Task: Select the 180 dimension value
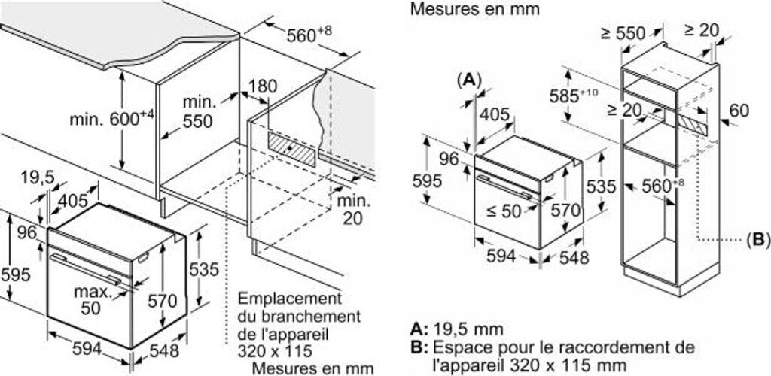coord(263,86)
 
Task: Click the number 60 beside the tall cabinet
coord(739,111)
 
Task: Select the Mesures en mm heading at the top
coord(475,10)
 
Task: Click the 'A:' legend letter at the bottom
coord(419,329)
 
